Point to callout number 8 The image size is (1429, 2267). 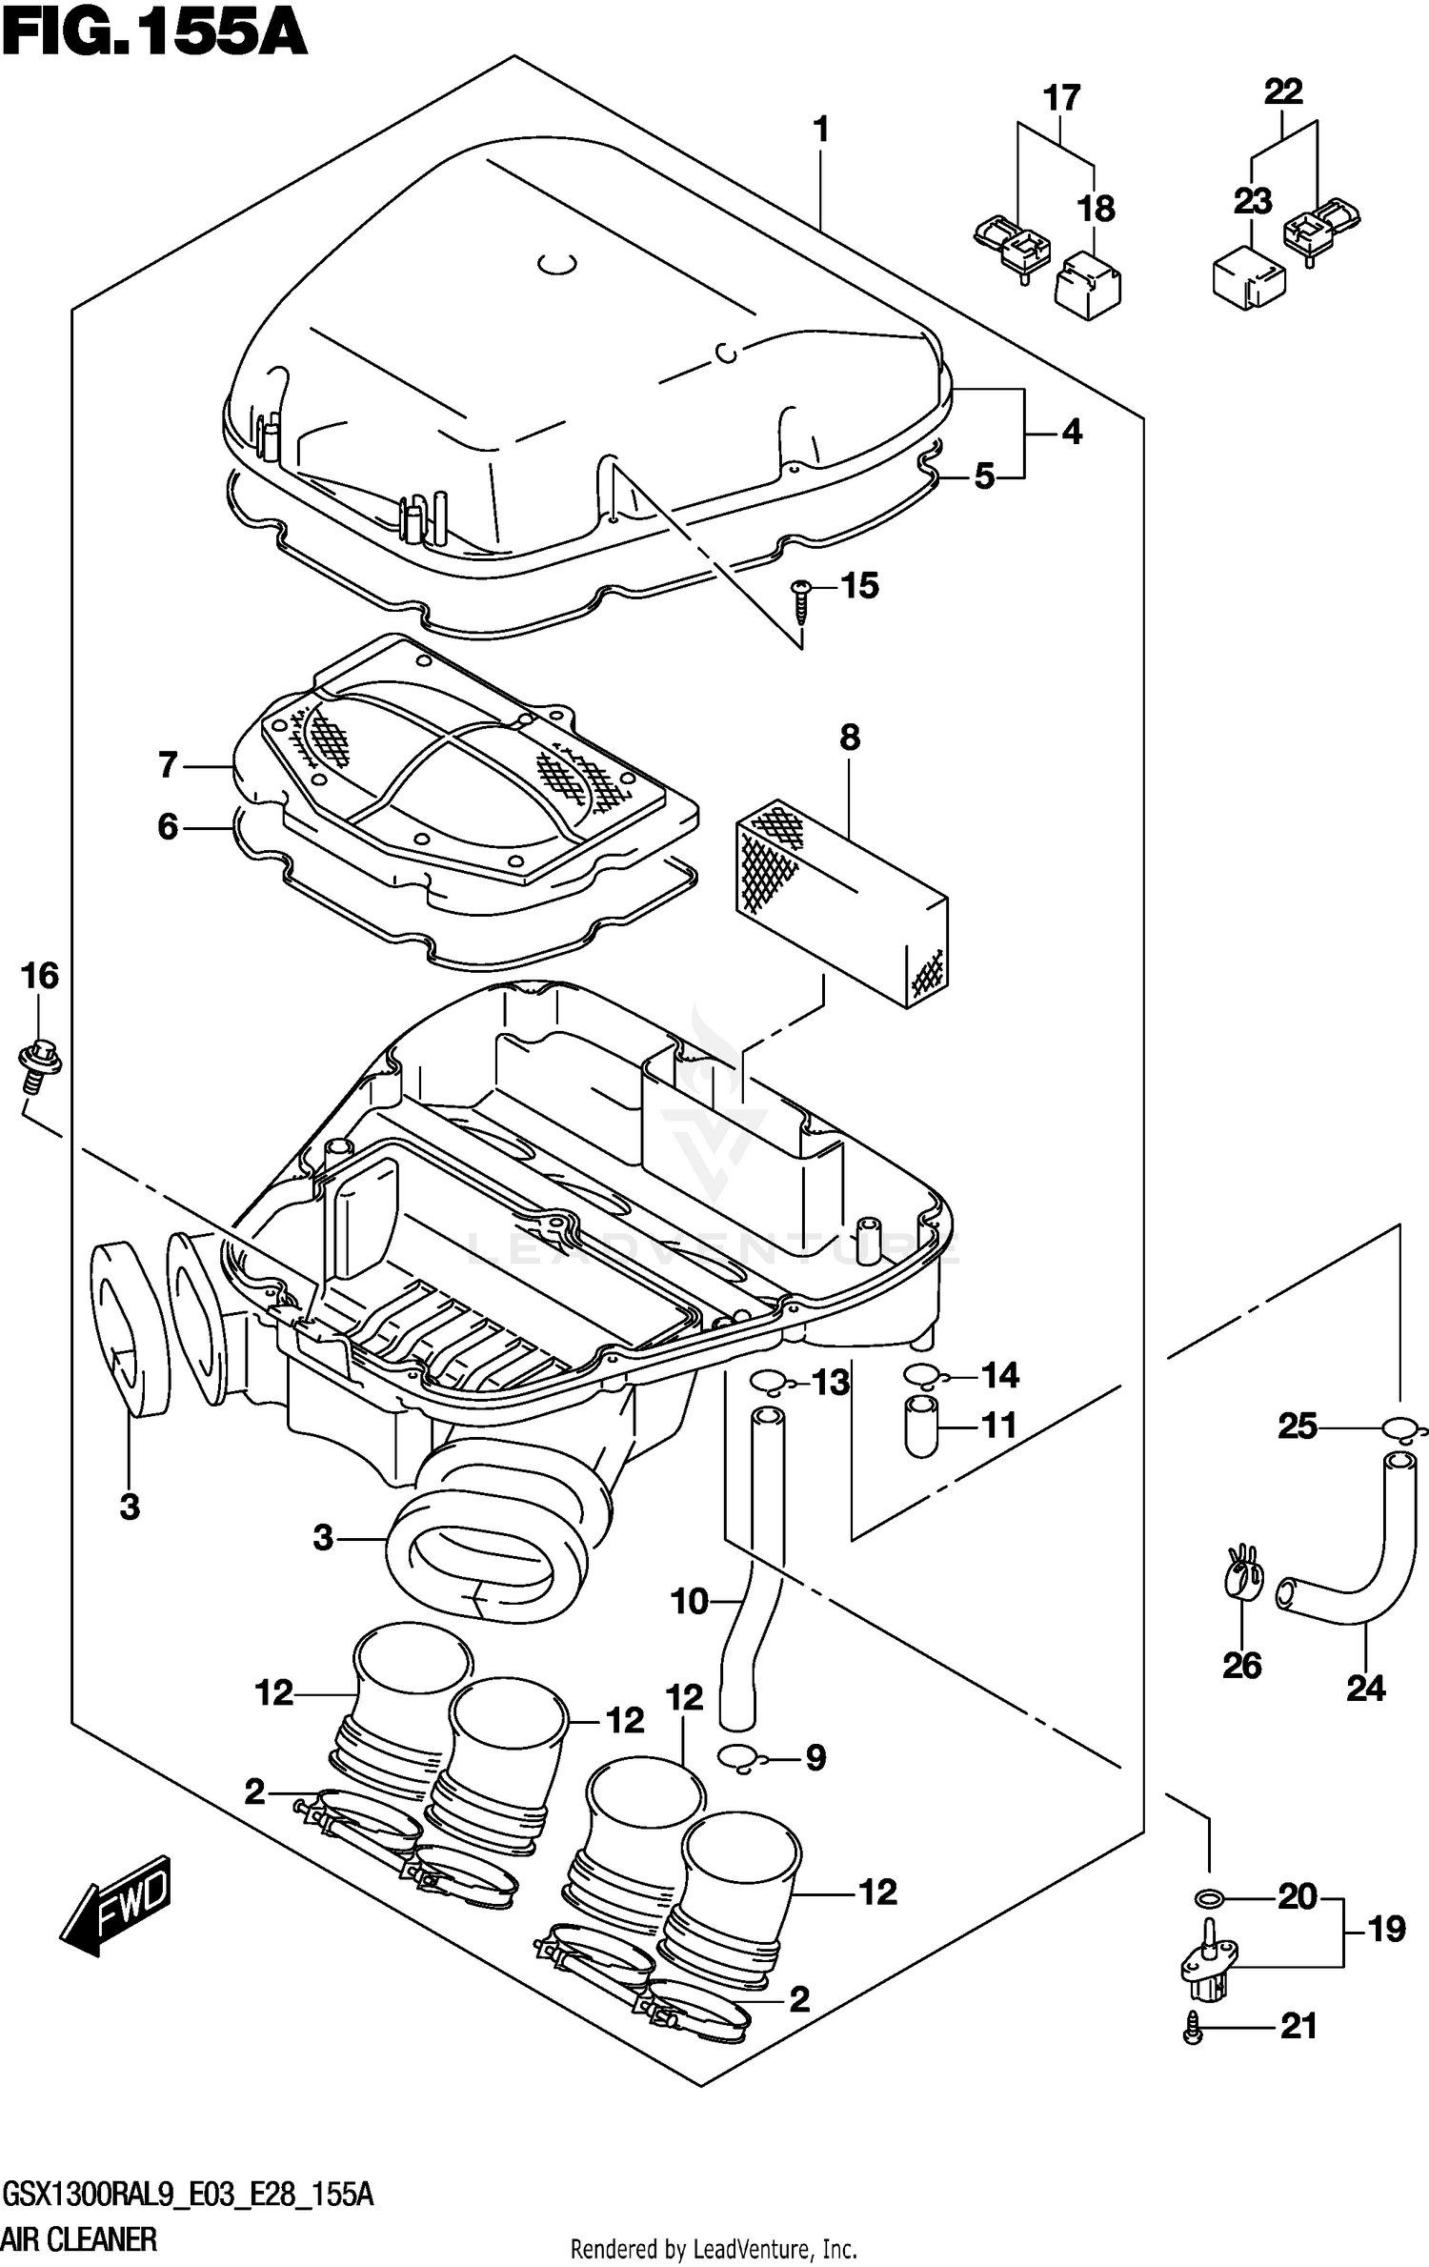(850, 738)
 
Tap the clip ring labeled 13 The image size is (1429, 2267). (770, 1381)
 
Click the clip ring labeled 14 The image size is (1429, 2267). (921, 1374)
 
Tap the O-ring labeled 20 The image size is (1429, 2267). (1209, 1898)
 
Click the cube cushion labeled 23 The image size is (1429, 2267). (1248, 276)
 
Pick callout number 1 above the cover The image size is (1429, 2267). (820, 130)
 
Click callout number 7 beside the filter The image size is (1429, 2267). (168, 765)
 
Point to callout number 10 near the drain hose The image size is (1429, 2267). (689, 1601)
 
